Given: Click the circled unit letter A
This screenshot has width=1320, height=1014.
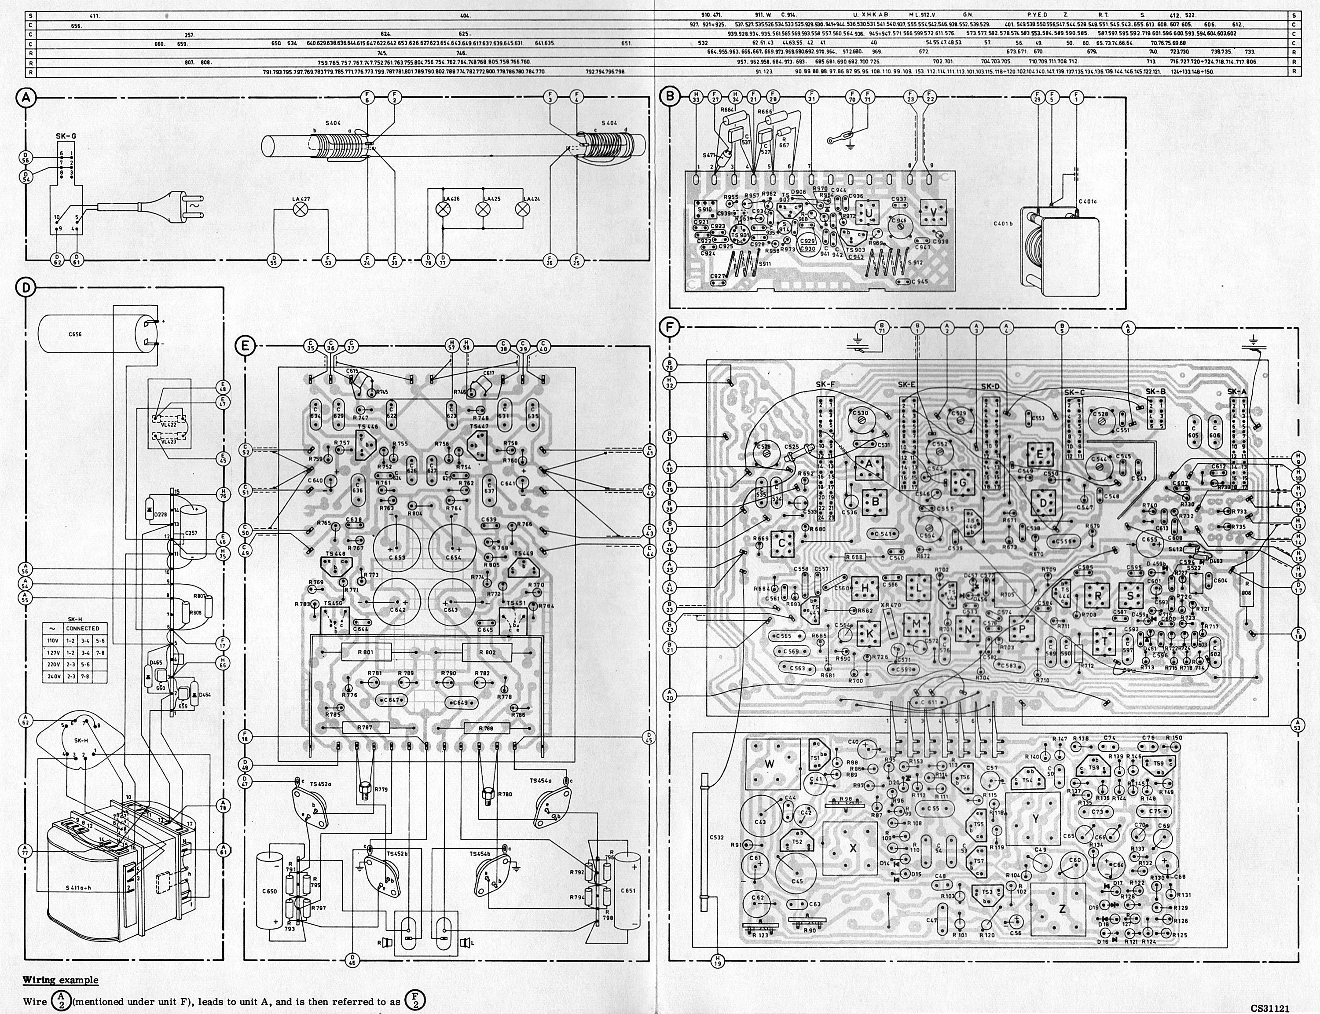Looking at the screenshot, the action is click(26, 99).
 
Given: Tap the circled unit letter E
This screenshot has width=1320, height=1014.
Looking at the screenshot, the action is click(245, 346).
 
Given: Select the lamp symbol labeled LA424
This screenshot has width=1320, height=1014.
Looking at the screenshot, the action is click(523, 209).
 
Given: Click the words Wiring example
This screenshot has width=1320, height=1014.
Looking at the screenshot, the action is click(60, 980).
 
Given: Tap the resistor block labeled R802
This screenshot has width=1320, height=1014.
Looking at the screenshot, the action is click(487, 652).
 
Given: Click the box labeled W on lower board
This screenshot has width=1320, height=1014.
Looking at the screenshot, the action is click(769, 764).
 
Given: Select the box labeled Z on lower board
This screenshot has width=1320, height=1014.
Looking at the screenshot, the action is click(1062, 910).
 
